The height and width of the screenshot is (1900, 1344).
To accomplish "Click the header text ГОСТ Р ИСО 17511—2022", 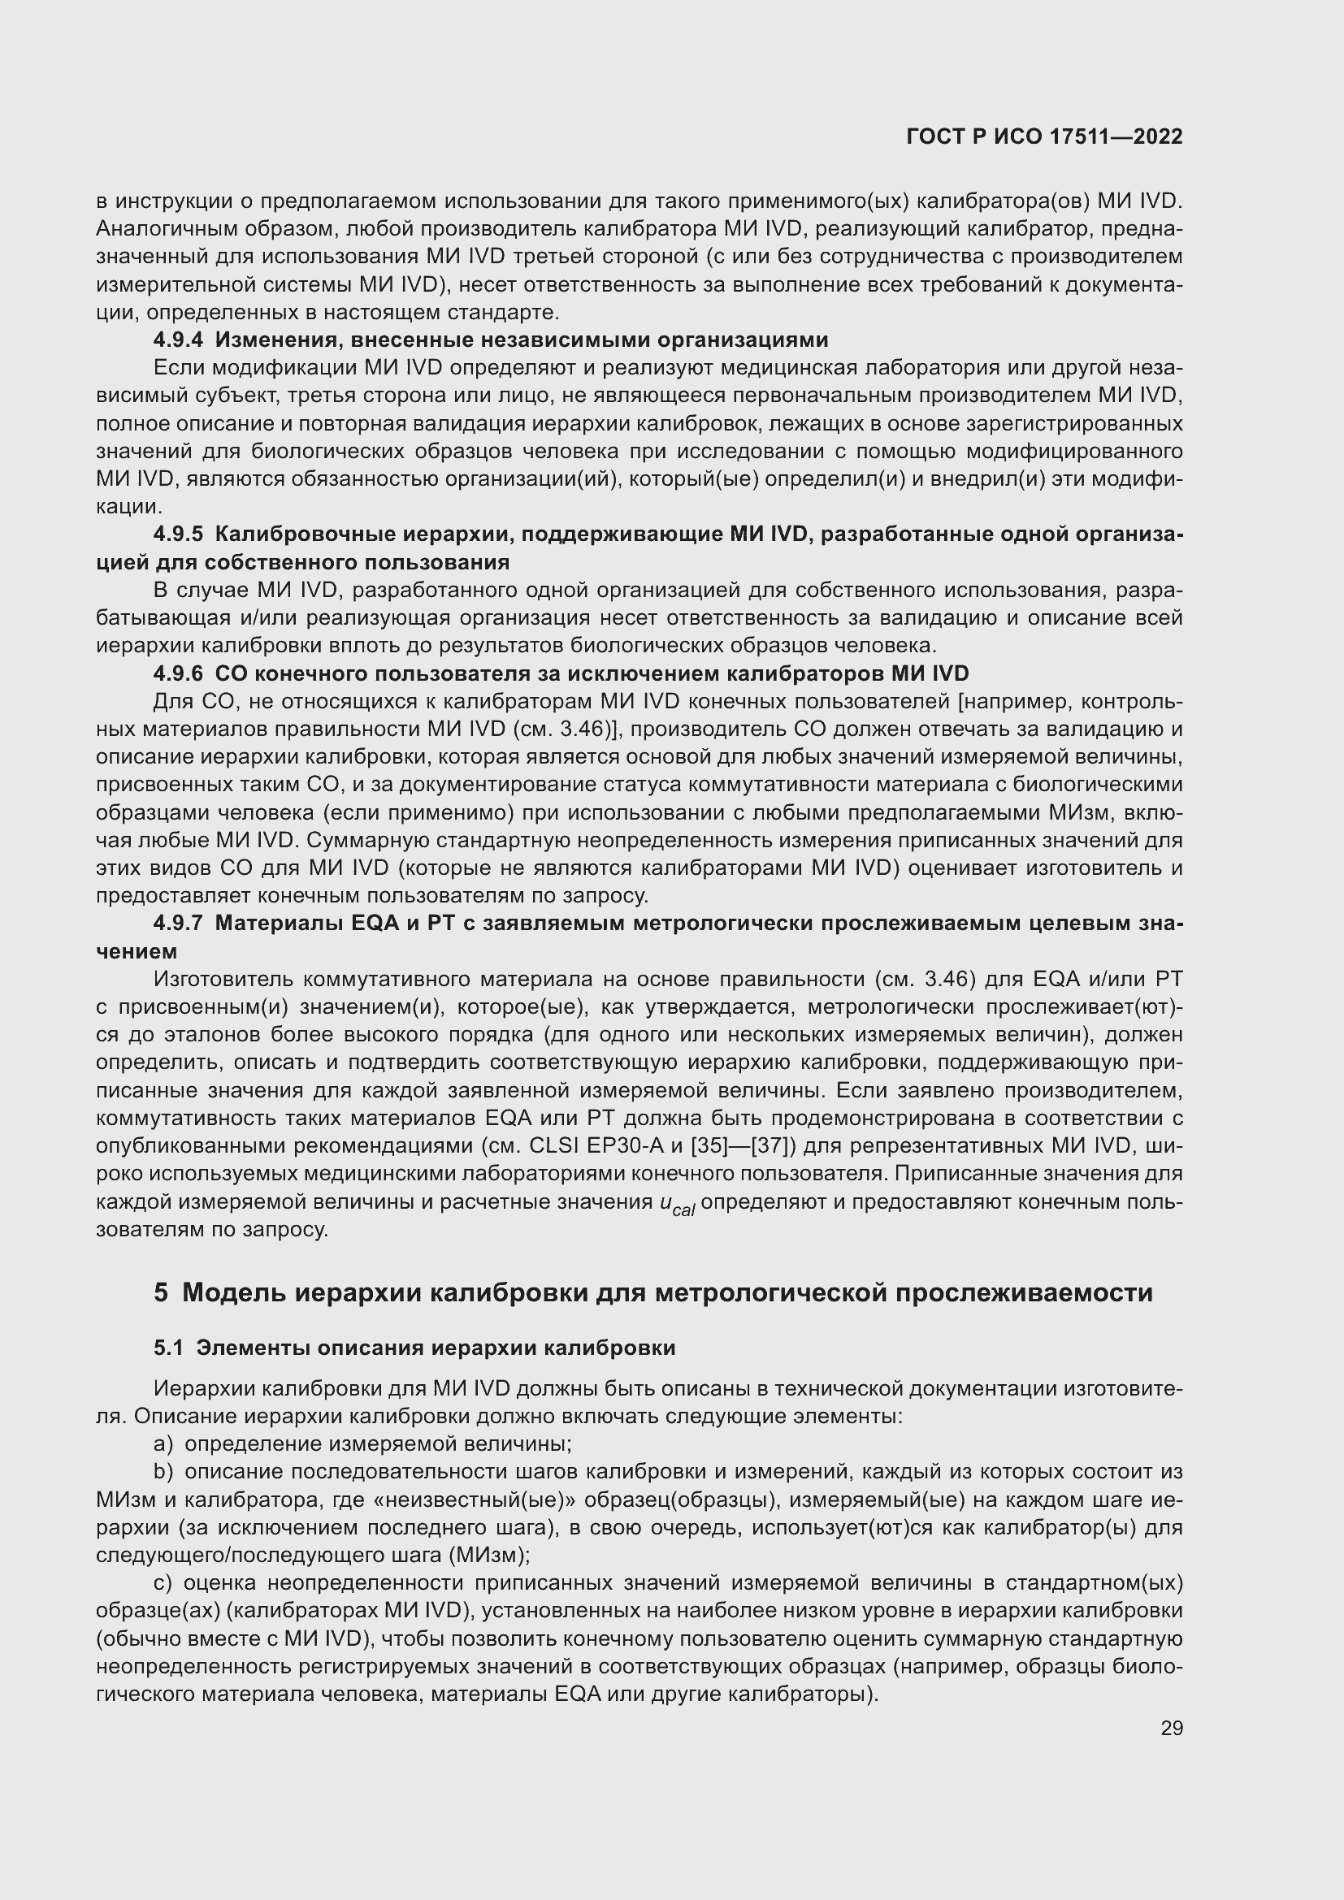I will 1044,136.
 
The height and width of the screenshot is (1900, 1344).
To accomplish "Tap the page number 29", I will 1171,1728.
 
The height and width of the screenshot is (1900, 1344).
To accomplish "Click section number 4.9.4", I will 178,340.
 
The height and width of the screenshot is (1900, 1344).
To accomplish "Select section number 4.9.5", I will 178,535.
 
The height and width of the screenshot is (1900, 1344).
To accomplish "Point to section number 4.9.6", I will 178,673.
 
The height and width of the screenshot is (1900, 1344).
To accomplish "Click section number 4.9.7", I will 178,924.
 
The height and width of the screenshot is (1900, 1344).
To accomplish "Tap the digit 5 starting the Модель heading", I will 161,1292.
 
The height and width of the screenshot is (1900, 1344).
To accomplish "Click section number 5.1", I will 168,1348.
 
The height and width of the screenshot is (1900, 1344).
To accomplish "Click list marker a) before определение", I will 163,1444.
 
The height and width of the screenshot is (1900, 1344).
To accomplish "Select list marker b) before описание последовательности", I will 163,1472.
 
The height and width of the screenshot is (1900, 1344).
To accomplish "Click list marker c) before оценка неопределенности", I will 163,1583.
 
